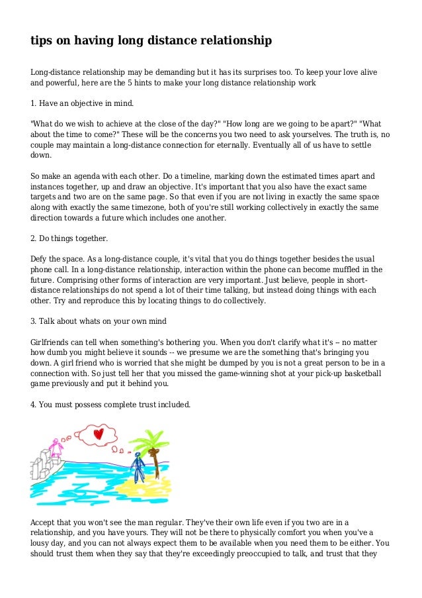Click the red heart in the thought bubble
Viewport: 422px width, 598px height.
99,434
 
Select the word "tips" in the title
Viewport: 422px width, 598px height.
42,41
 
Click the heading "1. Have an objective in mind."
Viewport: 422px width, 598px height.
82,104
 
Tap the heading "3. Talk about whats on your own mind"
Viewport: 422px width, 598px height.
99,321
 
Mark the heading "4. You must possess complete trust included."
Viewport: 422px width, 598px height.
110,403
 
